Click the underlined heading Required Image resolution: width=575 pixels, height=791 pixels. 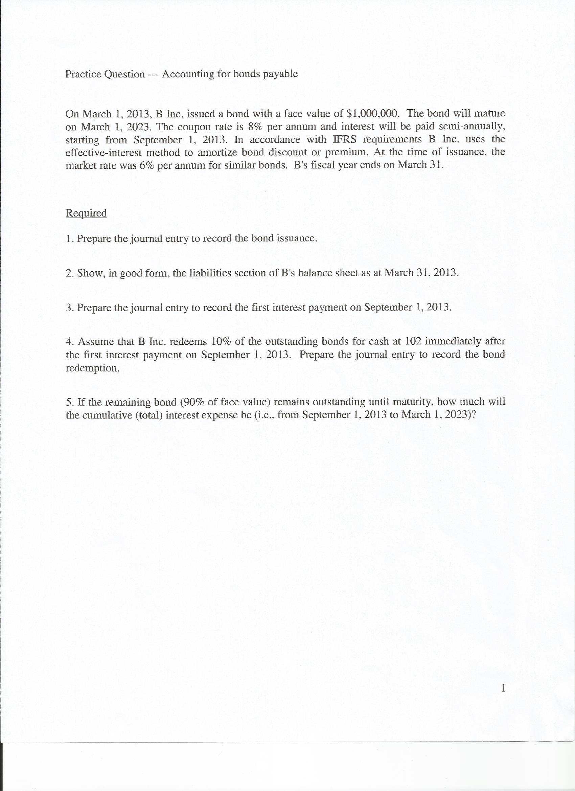click(86, 213)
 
